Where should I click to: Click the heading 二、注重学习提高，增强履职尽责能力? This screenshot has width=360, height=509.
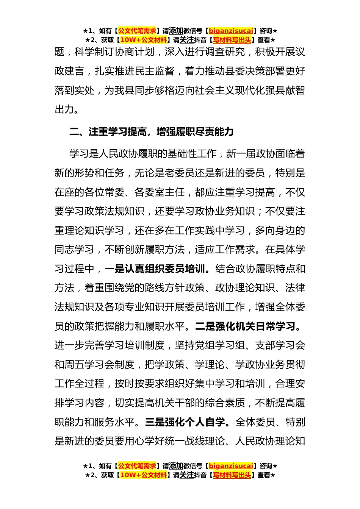click(152, 132)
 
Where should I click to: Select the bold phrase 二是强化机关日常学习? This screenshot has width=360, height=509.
click(246, 326)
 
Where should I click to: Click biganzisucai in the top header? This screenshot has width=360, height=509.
click(231, 31)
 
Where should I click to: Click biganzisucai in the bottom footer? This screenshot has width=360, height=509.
click(231, 466)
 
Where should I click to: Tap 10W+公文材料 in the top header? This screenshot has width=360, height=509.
click(143, 40)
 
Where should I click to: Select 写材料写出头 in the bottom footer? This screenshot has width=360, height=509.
click(232, 475)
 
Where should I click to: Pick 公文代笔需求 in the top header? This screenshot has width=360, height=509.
click(137, 31)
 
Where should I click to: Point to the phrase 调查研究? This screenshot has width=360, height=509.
click(225, 52)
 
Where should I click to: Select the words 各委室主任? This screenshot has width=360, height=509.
click(160, 192)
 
